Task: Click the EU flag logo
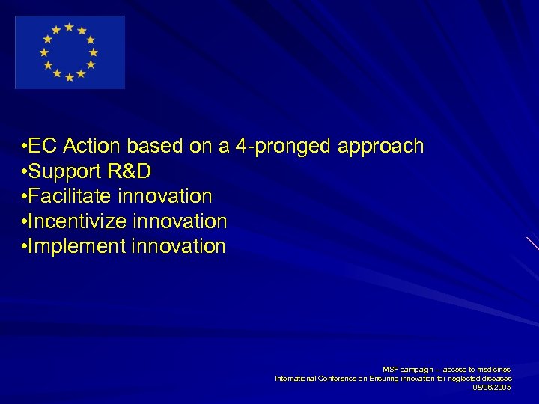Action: [70, 52]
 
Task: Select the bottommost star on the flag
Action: [69, 77]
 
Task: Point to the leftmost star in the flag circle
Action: [44, 52]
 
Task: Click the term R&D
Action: [129, 171]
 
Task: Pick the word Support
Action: [66, 171]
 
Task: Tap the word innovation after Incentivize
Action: [180, 221]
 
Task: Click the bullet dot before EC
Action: [25, 146]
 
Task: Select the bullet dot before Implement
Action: [25, 246]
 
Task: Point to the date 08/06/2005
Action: [492, 387]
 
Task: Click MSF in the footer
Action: [391, 370]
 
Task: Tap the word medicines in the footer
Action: [494, 370]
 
